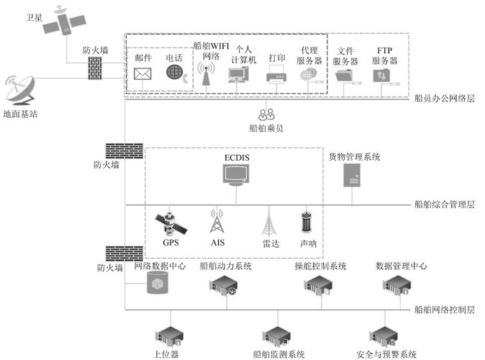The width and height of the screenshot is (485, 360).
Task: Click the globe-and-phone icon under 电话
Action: pos(175,73)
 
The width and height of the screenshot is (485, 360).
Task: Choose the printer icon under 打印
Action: pos(276,73)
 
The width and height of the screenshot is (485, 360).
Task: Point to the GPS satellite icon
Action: pos(173,224)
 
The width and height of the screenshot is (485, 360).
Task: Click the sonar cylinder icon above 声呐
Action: pos(307,222)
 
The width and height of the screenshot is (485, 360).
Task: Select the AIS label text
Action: pos(218,243)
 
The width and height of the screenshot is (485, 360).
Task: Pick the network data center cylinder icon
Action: pos(155,284)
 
